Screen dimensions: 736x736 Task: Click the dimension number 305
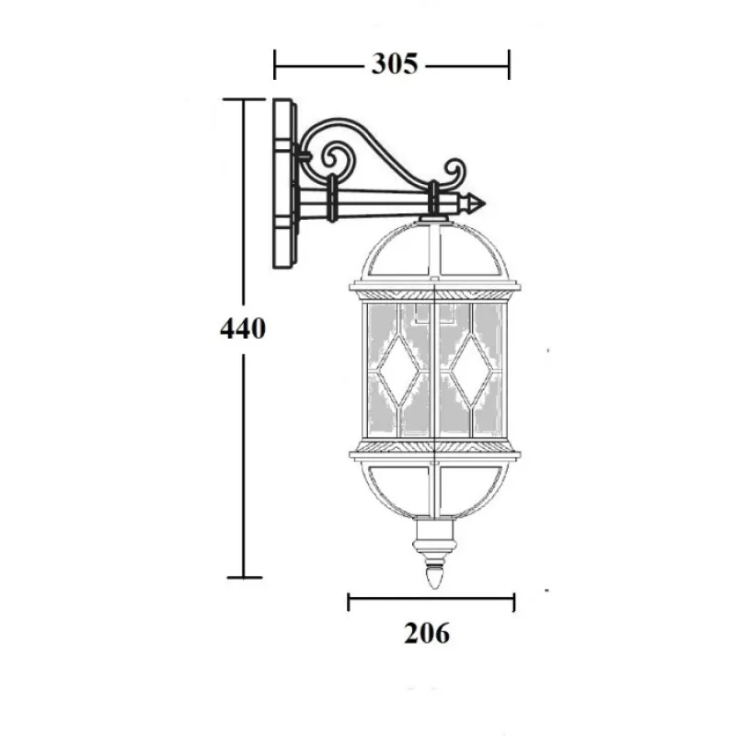(x=395, y=63)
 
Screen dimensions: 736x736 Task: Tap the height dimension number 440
(x=243, y=328)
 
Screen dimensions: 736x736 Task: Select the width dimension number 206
(x=427, y=633)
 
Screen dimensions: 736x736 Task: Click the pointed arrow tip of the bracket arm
(x=484, y=204)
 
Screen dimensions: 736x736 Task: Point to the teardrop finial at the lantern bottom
(x=433, y=578)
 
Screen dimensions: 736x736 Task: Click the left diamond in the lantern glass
(x=399, y=371)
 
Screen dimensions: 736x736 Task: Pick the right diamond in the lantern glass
(x=471, y=371)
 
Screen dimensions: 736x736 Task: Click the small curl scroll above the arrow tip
(x=455, y=172)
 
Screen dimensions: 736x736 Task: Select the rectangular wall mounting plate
(x=284, y=183)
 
